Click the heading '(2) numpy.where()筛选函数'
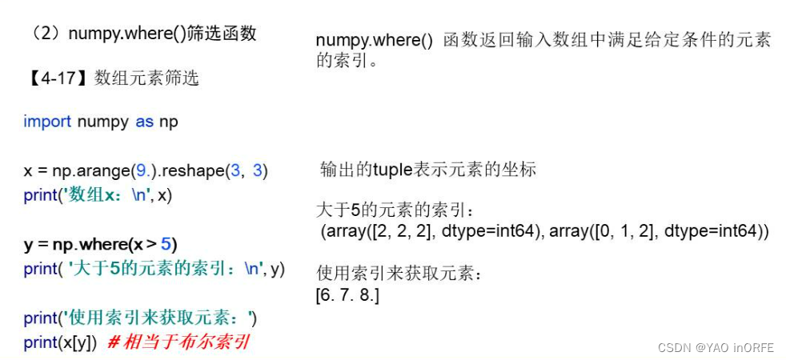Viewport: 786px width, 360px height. (x=142, y=34)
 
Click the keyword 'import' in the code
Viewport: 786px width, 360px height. (x=46, y=122)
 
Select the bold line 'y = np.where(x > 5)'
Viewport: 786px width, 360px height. (x=101, y=244)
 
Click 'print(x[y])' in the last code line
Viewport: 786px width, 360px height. (x=61, y=342)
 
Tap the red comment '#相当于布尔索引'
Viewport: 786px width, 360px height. (x=178, y=342)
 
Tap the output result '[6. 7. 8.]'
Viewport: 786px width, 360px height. (x=347, y=295)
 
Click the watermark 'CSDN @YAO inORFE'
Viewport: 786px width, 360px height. (x=716, y=347)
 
